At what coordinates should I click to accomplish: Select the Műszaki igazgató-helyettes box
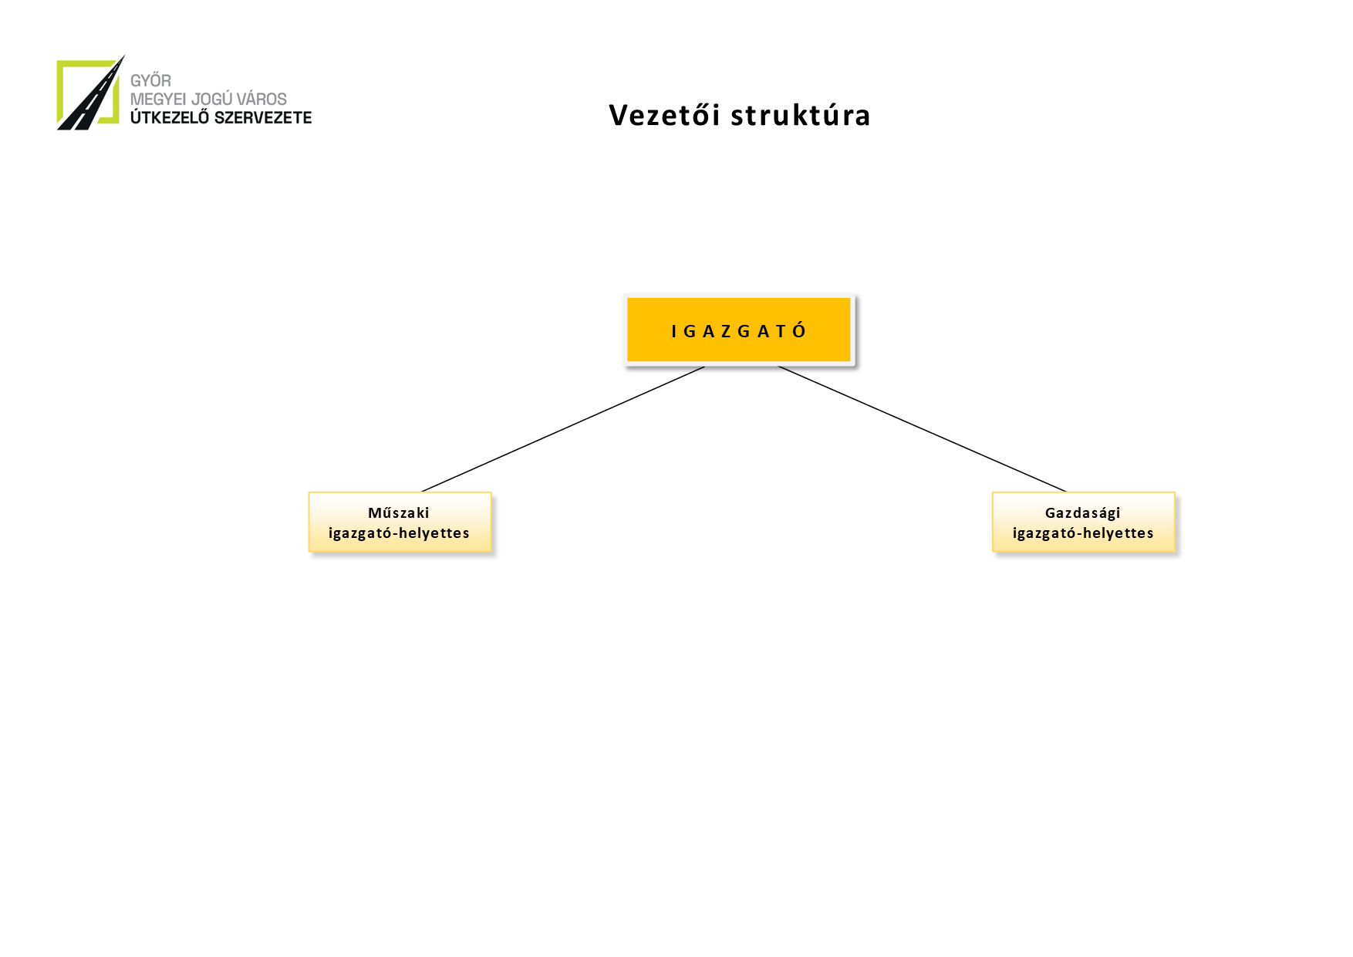(x=400, y=522)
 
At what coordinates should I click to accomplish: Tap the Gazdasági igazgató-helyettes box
(x=1083, y=522)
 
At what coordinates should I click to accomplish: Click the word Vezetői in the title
(x=664, y=115)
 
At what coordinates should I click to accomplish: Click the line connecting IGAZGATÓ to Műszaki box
(x=563, y=429)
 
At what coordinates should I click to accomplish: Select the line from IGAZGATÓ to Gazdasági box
(x=922, y=429)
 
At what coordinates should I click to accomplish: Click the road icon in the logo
(x=89, y=94)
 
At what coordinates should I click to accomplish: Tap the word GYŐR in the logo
(x=150, y=80)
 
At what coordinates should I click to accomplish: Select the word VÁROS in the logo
(x=262, y=99)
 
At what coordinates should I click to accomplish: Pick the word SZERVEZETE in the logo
(x=263, y=117)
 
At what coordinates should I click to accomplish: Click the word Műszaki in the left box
(x=399, y=512)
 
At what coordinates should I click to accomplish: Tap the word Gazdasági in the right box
(x=1082, y=512)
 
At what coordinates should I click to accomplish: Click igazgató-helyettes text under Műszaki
(x=399, y=533)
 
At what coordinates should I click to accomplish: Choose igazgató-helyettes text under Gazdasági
(x=1083, y=533)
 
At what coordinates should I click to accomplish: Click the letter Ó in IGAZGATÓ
(x=799, y=331)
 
